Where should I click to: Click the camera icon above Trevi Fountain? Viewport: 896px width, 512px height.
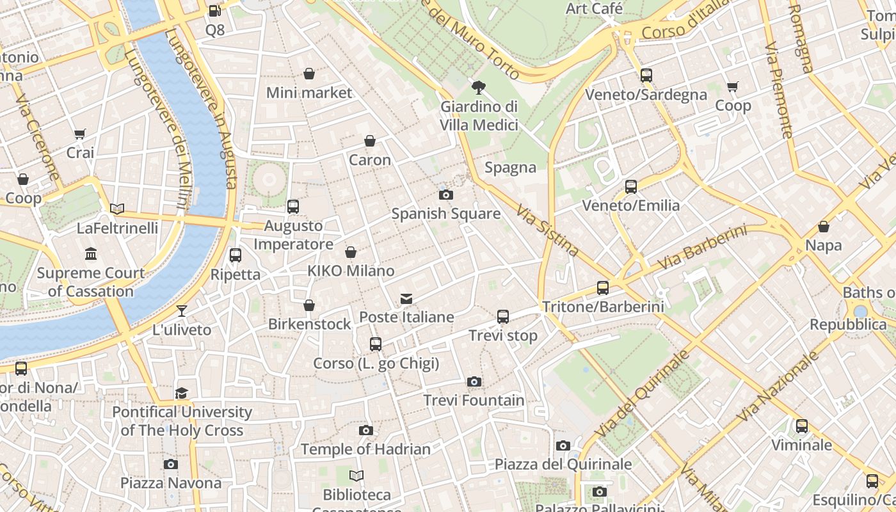click(474, 382)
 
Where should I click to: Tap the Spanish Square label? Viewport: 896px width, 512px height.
click(445, 214)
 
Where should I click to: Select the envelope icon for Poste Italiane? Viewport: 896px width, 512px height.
click(406, 298)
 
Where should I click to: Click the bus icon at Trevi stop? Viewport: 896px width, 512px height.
click(503, 317)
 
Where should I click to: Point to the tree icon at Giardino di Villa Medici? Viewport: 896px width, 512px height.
click(478, 88)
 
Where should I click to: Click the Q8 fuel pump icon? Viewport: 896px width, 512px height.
click(215, 11)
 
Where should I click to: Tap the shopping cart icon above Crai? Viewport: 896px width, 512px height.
click(80, 134)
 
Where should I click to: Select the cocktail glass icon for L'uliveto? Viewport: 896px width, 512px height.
click(182, 311)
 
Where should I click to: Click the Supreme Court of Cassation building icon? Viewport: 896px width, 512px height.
click(91, 254)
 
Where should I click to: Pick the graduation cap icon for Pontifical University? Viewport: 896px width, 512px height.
click(182, 393)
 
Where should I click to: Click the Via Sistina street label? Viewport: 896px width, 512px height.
click(547, 230)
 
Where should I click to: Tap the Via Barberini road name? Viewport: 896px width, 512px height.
click(702, 248)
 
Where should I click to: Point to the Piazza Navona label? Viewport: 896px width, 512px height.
click(170, 483)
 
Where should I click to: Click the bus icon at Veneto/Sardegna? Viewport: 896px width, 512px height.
click(646, 76)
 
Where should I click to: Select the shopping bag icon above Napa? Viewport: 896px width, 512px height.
click(824, 227)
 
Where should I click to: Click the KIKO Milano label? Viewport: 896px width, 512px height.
click(351, 271)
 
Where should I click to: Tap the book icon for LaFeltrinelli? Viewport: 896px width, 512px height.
click(117, 209)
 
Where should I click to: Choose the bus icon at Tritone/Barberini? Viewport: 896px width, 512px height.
click(603, 288)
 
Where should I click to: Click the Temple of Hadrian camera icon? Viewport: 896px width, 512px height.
click(365, 430)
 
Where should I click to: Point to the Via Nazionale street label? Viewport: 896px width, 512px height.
click(778, 387)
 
